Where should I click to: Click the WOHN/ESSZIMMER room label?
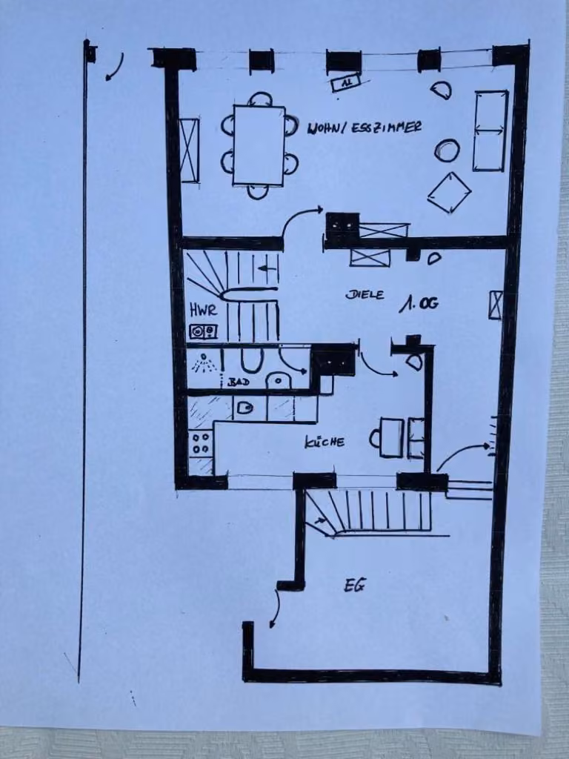365,127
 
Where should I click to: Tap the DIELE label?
365,294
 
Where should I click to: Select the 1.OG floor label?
419,303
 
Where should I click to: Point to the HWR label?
203,310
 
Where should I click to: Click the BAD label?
239,382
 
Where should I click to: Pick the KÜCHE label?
325,442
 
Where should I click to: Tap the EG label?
355,586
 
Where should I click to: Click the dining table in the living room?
259,145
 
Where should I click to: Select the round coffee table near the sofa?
447,150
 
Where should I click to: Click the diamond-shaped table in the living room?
449,193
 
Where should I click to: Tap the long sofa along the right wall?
490,130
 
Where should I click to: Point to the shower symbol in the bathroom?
204,363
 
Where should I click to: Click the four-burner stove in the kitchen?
200,443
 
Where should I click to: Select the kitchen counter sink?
245,408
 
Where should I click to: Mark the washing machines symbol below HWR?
203,331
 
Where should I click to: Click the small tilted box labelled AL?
346,82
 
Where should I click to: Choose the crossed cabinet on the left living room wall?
190,150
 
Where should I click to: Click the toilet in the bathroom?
278,380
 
